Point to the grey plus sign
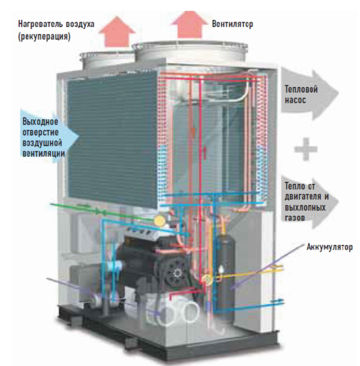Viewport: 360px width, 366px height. coord(306,150)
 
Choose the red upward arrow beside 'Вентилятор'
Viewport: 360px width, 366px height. coord(188,24)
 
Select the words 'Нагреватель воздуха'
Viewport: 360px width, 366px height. coord(58,25)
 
